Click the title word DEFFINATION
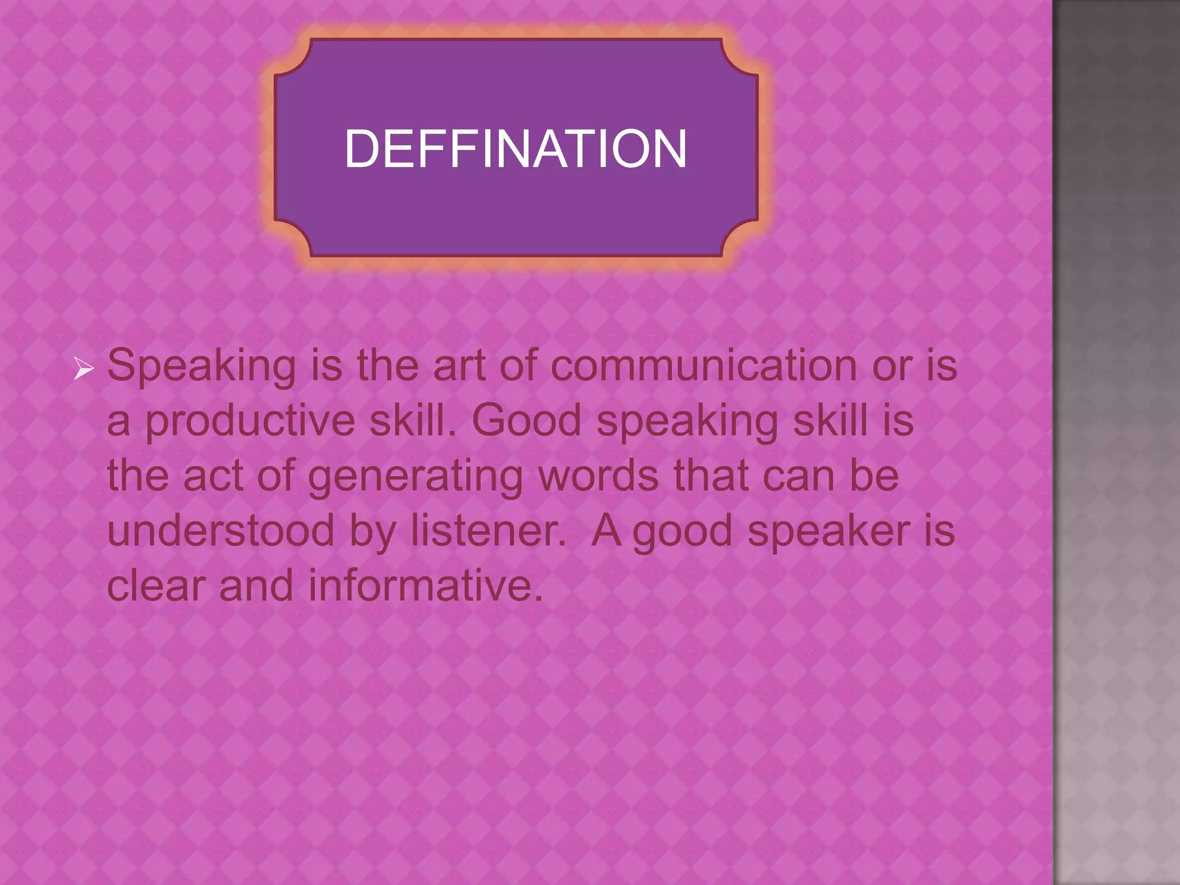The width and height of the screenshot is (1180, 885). pos(516,149)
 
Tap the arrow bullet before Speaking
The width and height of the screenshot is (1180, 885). pos(84,368)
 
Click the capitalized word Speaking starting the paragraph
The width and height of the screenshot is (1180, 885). pos(202,367)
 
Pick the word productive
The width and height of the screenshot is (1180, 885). pos(249,421)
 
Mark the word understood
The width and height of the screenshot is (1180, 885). pos(221,530)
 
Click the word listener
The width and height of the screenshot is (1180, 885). pos(488,530)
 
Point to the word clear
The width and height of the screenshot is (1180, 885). pos(156,585)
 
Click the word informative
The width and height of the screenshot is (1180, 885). pos(425,585)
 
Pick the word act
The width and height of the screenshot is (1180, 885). pos(213,476)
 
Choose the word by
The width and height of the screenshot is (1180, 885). pos(372,531)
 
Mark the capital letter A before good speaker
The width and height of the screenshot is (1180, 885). pos(606,530)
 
